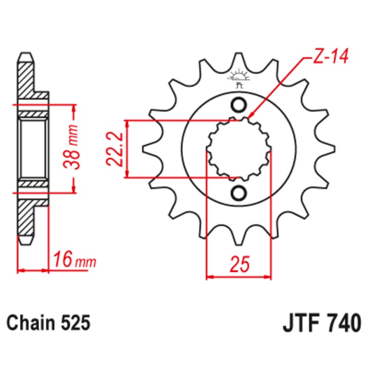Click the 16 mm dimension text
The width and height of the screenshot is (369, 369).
click(x=74, y=261)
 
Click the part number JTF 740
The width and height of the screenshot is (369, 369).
click(x=321, y=323)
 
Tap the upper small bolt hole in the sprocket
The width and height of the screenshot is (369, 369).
click(x=239, y=106)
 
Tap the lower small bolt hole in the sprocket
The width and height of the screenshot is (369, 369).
click(x=239, y=193)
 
